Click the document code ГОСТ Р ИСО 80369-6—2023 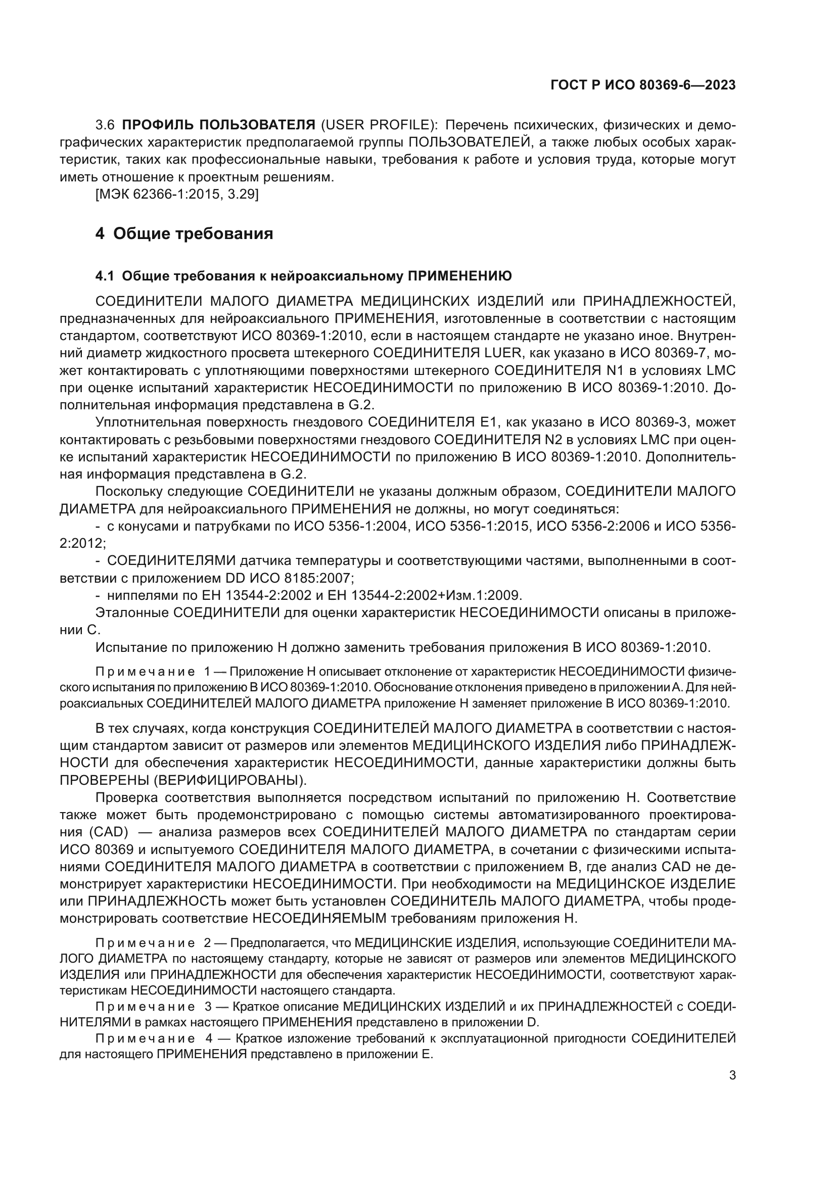coord(643,85)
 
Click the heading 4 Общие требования coord(184,234)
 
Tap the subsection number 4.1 coord(104,276)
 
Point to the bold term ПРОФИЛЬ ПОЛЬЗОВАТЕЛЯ coord(219,125)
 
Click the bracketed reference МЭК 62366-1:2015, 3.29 coord(177,195)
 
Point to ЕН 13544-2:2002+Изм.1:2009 coord(436,595)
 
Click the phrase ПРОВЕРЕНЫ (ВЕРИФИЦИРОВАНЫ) coord(183,780)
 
